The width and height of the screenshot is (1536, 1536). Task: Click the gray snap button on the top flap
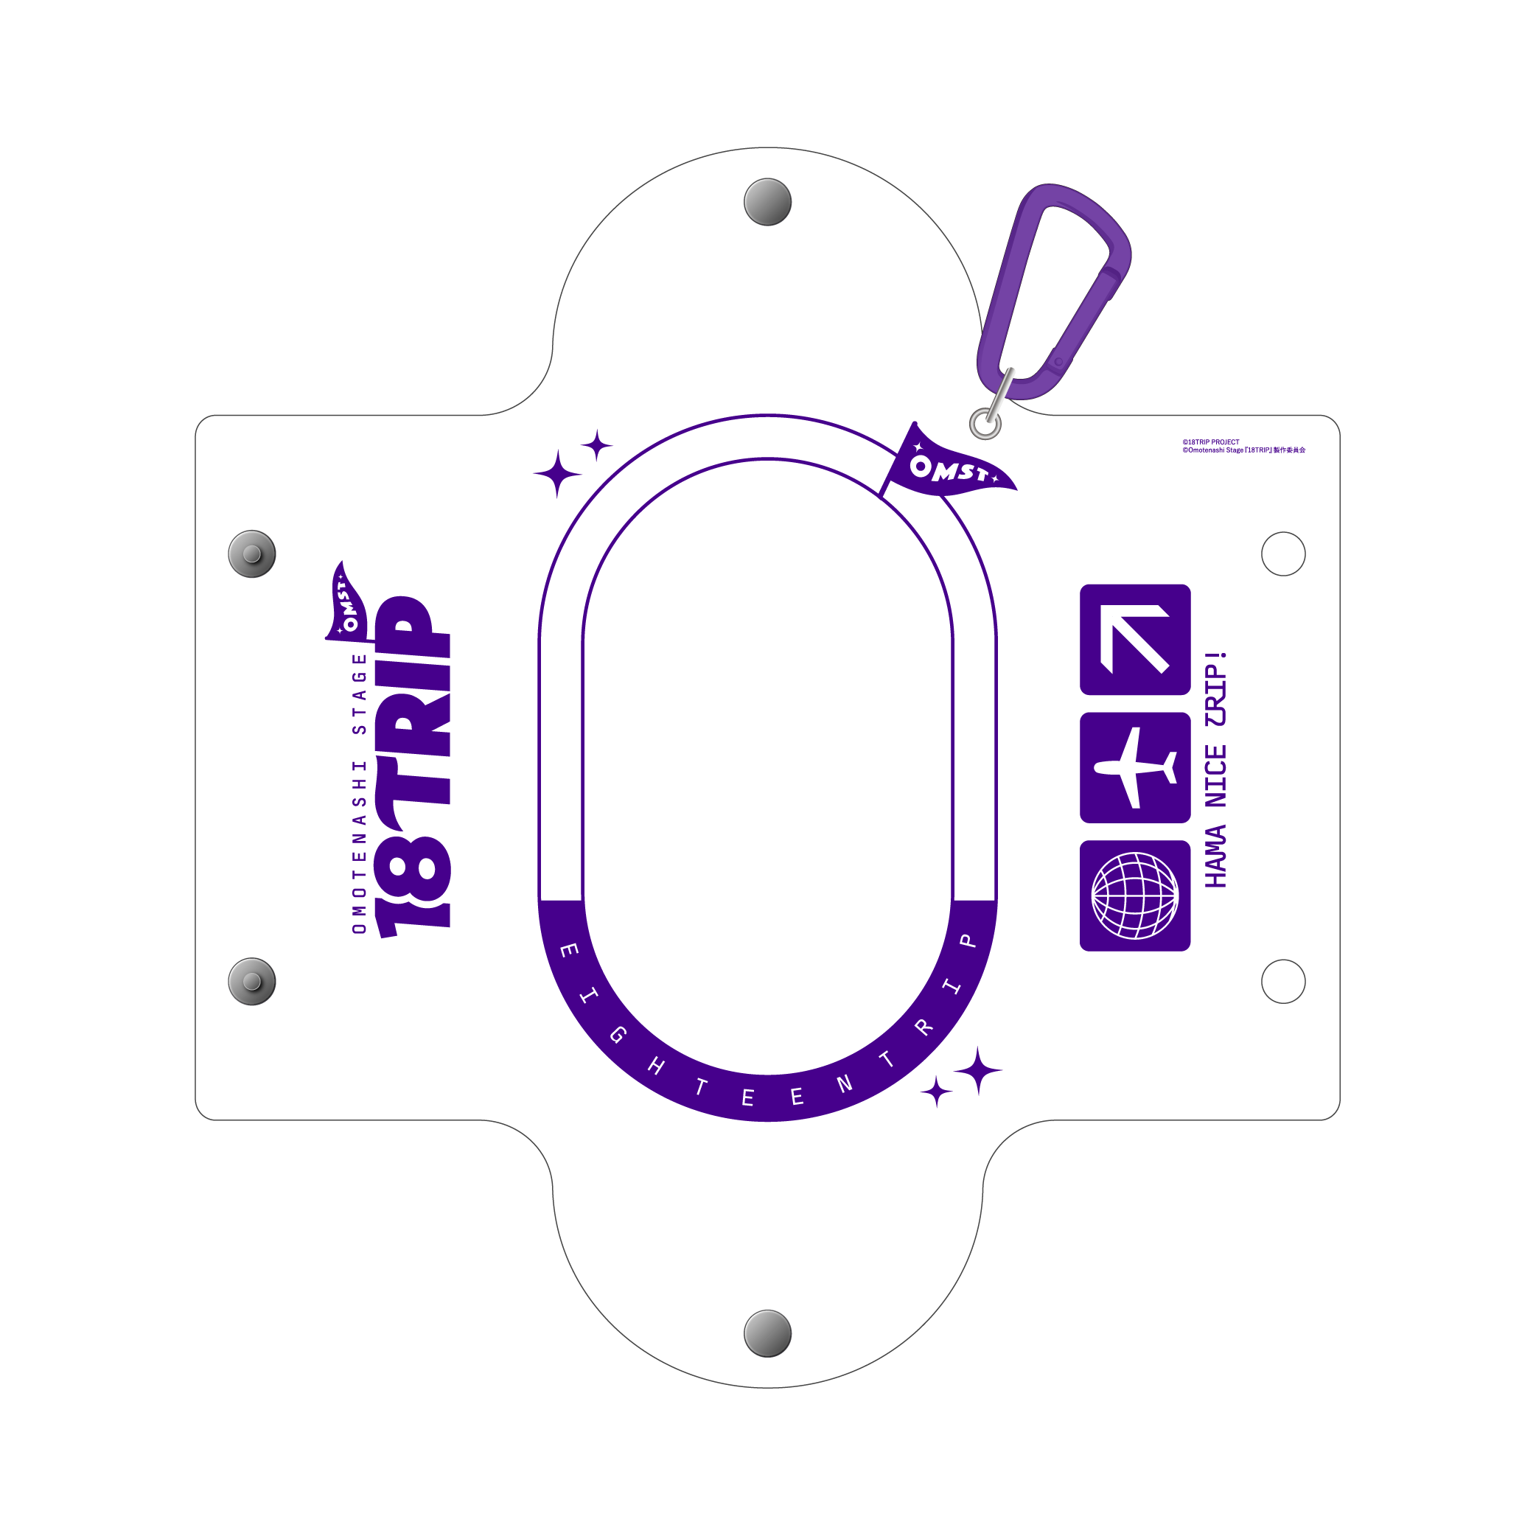[767, 202]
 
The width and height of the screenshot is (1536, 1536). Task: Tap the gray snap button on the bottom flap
[767, 1333]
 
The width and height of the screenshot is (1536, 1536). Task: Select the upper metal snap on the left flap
[252, 554]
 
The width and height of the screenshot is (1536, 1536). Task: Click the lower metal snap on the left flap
[252, 981]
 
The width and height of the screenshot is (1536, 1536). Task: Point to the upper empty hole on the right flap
[1283, 554]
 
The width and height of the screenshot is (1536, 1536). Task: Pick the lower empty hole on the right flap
[1283, 981]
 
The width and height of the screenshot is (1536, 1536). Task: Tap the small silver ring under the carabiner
[985, 423]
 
